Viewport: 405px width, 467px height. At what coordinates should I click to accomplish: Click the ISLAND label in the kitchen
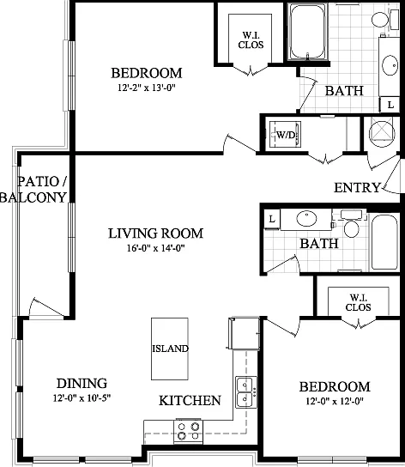tap(171, 349)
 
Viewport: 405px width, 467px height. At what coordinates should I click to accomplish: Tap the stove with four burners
tap(188, 431)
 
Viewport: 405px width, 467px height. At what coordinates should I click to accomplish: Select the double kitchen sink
tap(246, 392)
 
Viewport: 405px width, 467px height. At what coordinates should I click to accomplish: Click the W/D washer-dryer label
tap(286, 135)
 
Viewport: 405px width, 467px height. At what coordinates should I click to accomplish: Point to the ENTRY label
tap(357, 188)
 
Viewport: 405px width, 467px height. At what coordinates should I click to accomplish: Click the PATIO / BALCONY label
tap(33, 190)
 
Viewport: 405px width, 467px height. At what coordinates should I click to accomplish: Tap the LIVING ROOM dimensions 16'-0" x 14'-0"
tap(156, 248)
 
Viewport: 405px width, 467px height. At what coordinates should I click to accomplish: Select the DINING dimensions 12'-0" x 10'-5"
tap(82, 398)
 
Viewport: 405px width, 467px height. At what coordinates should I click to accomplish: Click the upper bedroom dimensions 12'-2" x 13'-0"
tap(146, 88)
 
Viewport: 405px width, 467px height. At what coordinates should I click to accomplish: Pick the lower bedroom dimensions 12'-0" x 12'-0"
tap(335, 401)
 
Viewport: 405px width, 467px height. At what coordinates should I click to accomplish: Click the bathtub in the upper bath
tap(308, 32)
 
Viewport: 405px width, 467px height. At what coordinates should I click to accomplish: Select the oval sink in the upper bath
tap(390, 65)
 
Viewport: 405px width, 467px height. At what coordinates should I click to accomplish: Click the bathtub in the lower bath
tap(384, 242)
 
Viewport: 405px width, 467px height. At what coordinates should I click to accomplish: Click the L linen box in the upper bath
tap(390, 105)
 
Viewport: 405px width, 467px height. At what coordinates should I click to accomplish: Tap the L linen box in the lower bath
tap(272, 219)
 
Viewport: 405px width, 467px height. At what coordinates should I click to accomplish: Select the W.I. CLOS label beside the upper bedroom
tap(251, 39)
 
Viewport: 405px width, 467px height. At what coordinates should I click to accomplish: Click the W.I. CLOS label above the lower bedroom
tap(359, 302)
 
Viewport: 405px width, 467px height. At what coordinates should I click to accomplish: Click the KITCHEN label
tap(190, 401)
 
